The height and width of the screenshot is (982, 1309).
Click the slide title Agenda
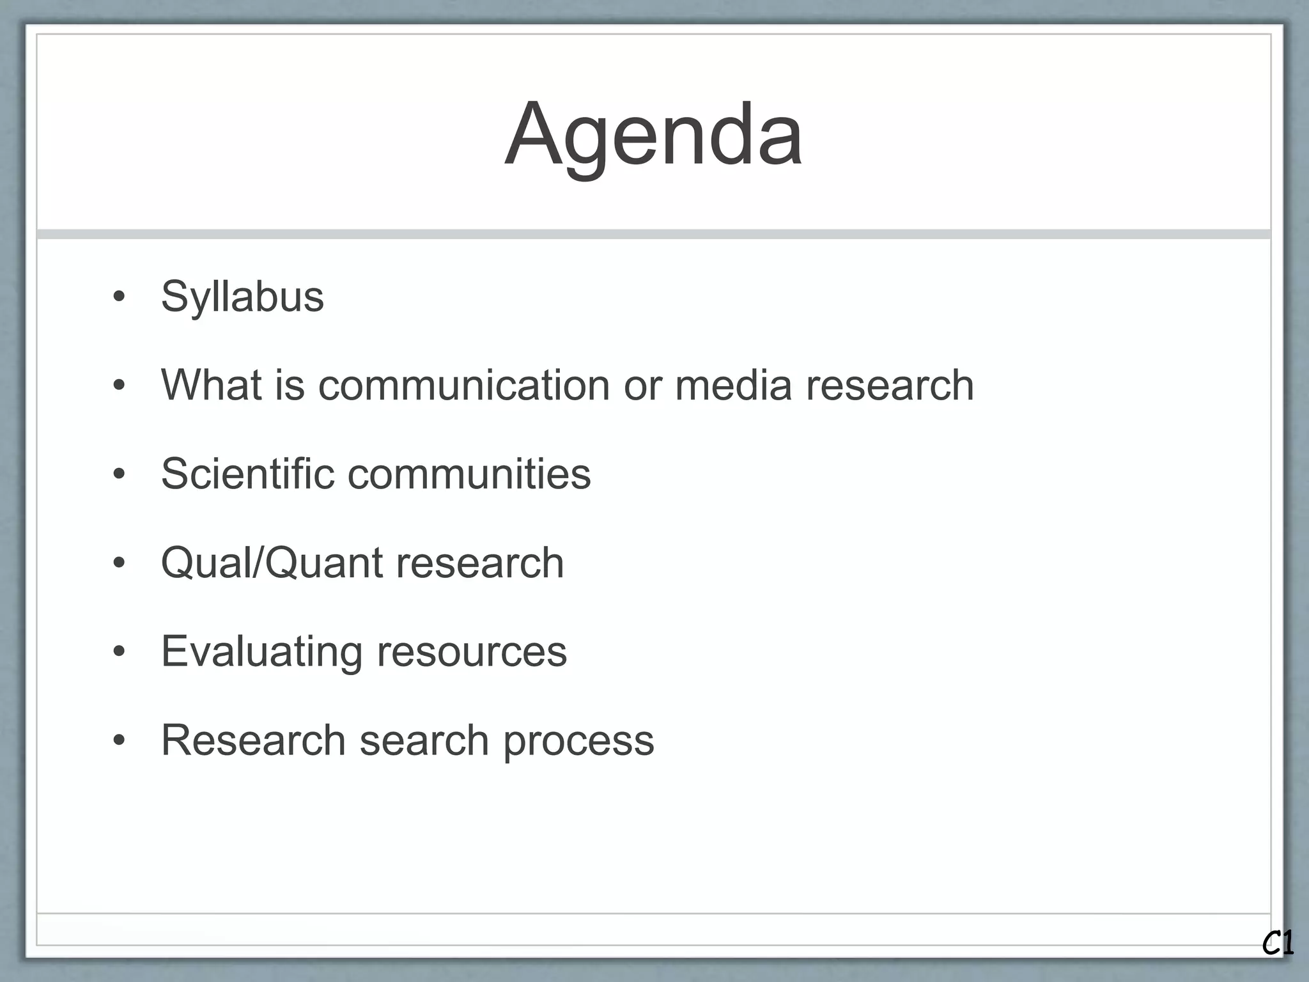pos(653,134)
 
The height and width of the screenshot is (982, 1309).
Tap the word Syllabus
pos(242,297)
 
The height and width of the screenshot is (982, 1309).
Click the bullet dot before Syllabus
pos(119,297)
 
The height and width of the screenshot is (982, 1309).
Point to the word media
pos(733,386)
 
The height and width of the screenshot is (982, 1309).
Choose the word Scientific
pos(248,474)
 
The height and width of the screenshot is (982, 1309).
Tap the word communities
pos(469,474)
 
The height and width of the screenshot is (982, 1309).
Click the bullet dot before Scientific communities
pos(119,474)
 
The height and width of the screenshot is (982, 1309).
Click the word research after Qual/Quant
pos(480,563)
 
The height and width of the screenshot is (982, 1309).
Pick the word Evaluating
pos(261,651)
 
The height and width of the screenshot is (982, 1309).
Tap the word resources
pos(472,651)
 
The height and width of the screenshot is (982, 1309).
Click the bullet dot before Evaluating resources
pos(119,652)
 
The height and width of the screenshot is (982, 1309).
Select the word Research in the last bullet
pos(253,740)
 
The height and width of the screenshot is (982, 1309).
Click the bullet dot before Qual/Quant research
pos(119,563)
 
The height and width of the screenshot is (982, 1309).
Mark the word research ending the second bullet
pos(890,386)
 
